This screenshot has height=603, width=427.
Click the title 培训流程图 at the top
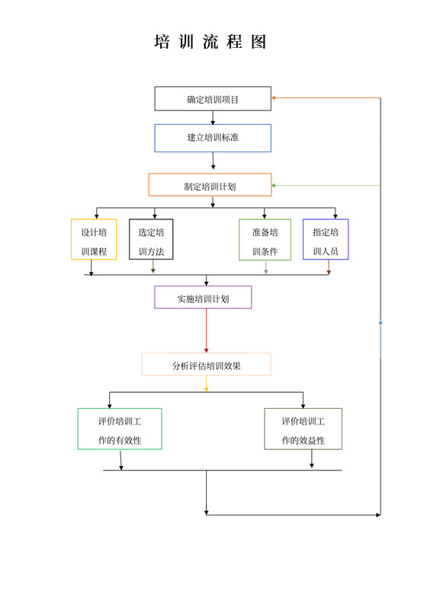click(211, 43)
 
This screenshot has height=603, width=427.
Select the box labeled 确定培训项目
click(213, 99)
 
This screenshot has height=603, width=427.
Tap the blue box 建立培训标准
click(213, 138)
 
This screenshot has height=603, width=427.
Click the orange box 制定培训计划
click(210, 185)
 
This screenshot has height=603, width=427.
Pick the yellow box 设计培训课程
click(94, 240)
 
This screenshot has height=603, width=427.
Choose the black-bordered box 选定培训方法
click(151, 240)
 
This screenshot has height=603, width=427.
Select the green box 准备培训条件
click(265, 240)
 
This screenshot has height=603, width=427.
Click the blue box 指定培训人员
click(326, 240)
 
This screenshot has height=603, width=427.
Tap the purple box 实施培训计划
click(203, 298)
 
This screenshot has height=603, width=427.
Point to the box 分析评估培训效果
click(206, 365)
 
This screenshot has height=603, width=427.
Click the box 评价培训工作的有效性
click(120, 429)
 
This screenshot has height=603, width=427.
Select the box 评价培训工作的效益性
click(303, 429)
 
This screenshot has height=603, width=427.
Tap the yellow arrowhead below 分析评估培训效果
click(206, 388)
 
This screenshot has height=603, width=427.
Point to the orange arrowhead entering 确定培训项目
click(274, 98)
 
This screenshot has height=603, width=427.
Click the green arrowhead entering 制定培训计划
click(274, 185)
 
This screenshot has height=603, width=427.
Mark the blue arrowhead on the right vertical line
click(380, 321)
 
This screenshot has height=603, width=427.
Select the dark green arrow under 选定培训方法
click(153, 268)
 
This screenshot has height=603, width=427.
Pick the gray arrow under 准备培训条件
click(266, 269)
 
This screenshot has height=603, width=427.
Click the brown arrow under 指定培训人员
click(329, 269)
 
